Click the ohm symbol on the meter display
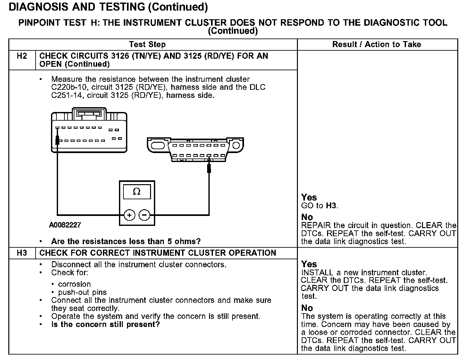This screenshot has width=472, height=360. click(x=137, y=192)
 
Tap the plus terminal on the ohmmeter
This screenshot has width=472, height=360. click(x=129, y=215)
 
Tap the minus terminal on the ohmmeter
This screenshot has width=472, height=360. click(x=144, y=215)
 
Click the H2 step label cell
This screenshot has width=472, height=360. click(x=22, y=56)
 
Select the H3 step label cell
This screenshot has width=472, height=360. click(x=22, y=253)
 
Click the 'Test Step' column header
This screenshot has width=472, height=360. click(x=147, y=44)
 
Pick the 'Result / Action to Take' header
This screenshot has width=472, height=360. click(x=376, y=44)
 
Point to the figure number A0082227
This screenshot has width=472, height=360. click(x=65, y=225)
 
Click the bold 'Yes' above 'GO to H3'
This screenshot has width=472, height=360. click(x=309, y=197)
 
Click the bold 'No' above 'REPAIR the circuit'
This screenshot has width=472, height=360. click(x=307, y=217)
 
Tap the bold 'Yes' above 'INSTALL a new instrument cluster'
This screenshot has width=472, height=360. click(x=309, y=264)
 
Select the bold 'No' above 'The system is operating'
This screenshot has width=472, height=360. click(x=307, y=308)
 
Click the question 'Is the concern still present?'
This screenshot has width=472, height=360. click(x=105, y=324)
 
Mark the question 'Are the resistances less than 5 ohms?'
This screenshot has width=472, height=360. click(x=126, y=241)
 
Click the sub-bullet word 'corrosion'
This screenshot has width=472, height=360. click(x=74, y=284)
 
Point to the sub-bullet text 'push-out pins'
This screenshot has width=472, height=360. click(x=82, y=292)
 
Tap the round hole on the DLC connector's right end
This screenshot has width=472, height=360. click(x=236, y=145)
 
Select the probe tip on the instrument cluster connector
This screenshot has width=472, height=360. click(x=57, y=140)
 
